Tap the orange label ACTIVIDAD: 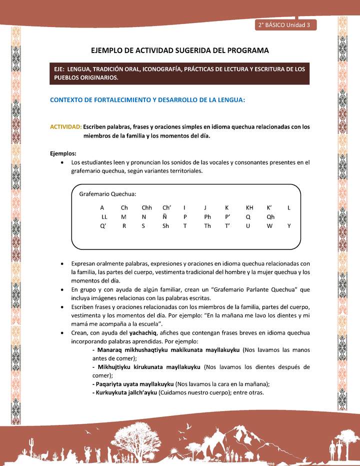pos(66,127)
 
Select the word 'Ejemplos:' pos(63,153)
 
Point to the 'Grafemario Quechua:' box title pos(108,194)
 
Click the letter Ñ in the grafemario pos(164,217)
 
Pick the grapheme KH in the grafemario pos(249,207)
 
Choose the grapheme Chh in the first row pos(146,207)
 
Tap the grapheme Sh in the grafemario pos(165,226)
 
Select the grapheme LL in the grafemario pos(104,217)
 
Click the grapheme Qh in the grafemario pos(270,217)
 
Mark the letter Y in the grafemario pos(289,226)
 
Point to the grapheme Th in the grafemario pos(207,226)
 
